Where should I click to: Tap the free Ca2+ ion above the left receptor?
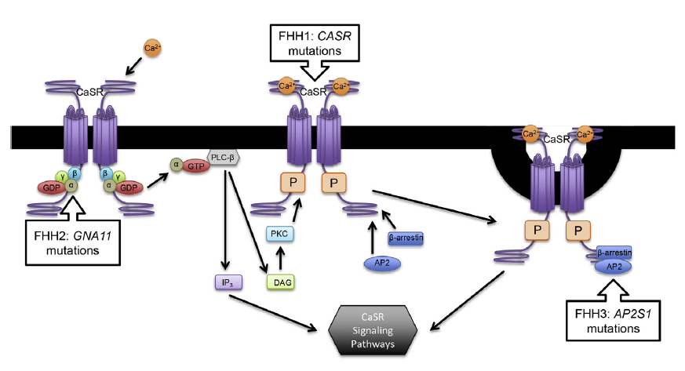coord(153,49)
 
